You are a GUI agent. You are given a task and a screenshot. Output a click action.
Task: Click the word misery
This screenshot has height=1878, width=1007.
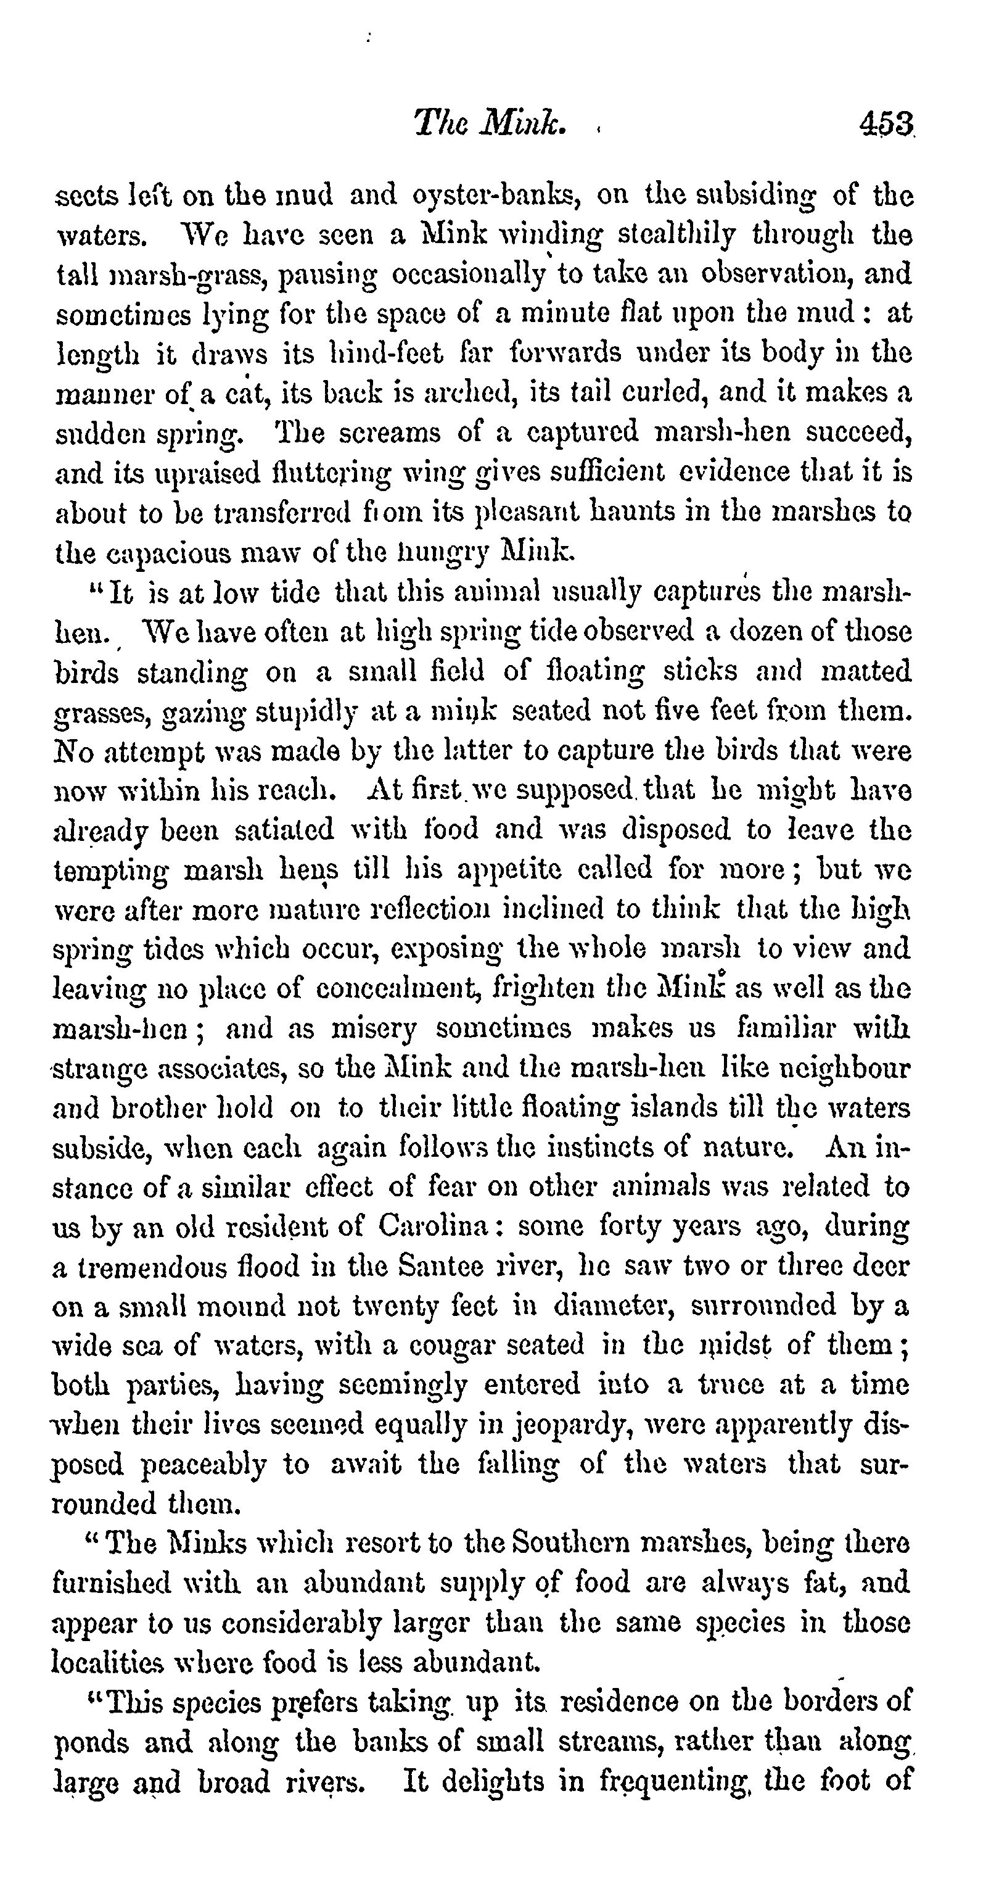click(x=373, y=1028)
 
